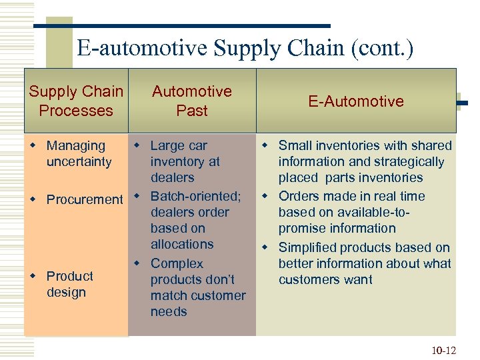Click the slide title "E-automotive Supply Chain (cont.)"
[x=245, y=49]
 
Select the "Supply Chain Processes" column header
[x=76, y=101]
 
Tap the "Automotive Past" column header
[x=192, y=101]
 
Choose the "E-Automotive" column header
[x=356, y=101]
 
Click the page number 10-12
[x=444, y=349]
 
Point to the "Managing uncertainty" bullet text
[x=76, y=153]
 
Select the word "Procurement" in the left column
[x=85, y=199]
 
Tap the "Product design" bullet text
[x=69, y=284]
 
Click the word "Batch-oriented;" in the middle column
[x=195, y=196]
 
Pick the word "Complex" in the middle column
[x=177, y=263]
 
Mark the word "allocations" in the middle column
[x=182, y=244]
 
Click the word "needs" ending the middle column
[x=169, y=311]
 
